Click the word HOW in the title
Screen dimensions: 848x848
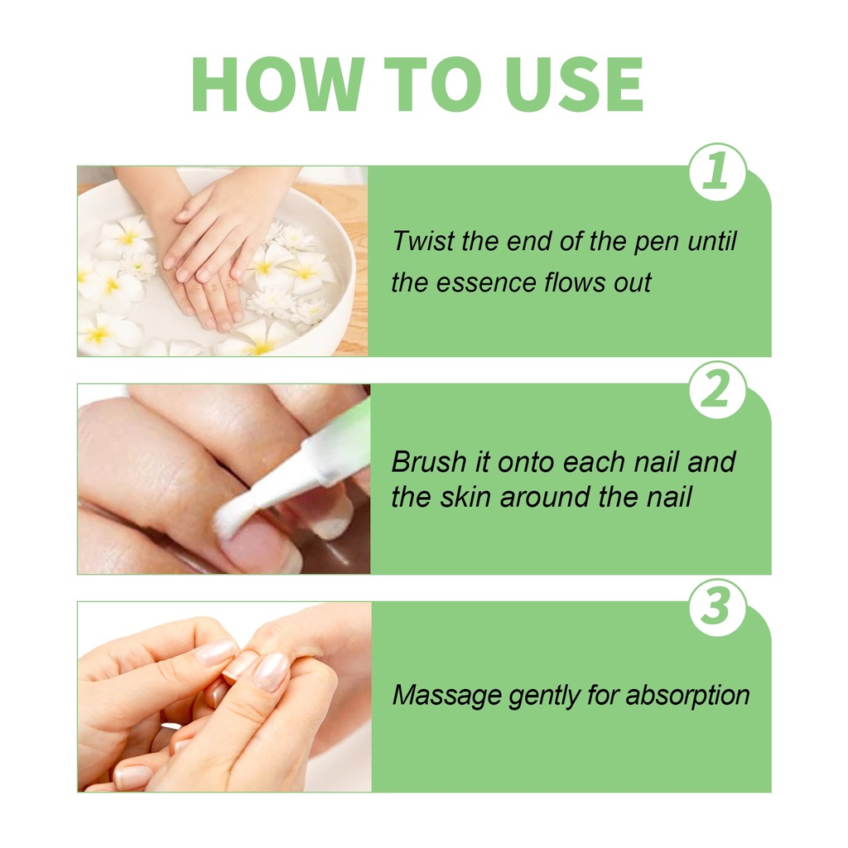tap(278, 84)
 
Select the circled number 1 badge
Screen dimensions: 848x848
tap(717, 171)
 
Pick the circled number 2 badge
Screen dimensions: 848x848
tap(717, 389)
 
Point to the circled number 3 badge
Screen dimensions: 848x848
tap(717, 607)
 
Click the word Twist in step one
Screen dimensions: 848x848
tap(423, 241)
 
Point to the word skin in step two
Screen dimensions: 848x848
tap(465, 497)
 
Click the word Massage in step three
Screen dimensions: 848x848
tap(446, 696)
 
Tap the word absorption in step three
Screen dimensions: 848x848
tap(687, 696)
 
